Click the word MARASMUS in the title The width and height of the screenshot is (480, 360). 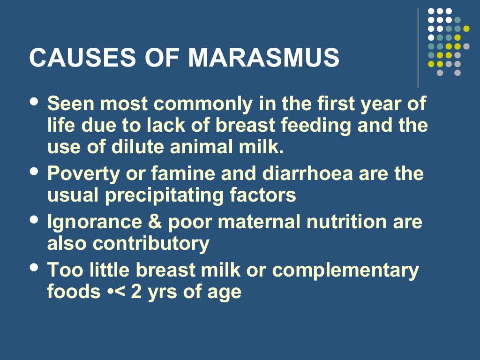[264, 58]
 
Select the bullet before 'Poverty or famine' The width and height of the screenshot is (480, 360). [34, 172]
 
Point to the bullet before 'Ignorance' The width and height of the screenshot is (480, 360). [34, 219]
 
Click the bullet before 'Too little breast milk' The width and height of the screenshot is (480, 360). [34, 267]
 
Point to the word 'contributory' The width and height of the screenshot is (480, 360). [151, 244]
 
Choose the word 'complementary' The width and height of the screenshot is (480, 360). [345, 270]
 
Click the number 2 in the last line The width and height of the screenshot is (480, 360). [132, 292]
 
